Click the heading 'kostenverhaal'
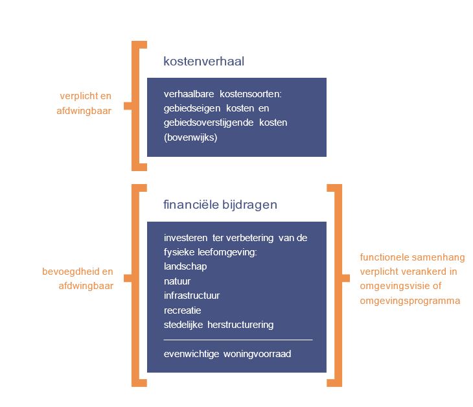203,62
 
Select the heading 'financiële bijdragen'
220,205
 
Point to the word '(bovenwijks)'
190,137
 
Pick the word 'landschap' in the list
185,266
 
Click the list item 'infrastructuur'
192,296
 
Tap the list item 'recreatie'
183,310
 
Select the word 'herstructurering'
241,325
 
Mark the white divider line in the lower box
238,339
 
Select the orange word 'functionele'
383,257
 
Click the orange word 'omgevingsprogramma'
410,301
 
